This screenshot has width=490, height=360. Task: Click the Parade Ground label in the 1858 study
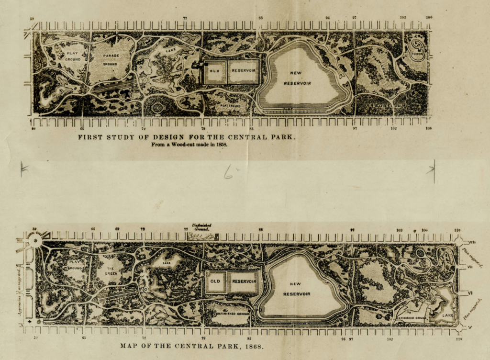pyautogui.click(x=110, y=59)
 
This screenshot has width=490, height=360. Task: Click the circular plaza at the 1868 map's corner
pyautogui.click(x=34, y=239)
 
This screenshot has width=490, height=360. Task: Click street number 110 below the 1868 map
pyautogui.click(x=459, y=339)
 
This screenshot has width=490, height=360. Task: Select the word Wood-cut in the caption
pyautogui.click(x=178, y=144)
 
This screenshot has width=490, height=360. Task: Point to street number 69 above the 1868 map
pyautogui.click(x=117, y=229)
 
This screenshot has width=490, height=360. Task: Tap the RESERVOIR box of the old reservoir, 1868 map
pyautogui.click(x=242, y=281)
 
